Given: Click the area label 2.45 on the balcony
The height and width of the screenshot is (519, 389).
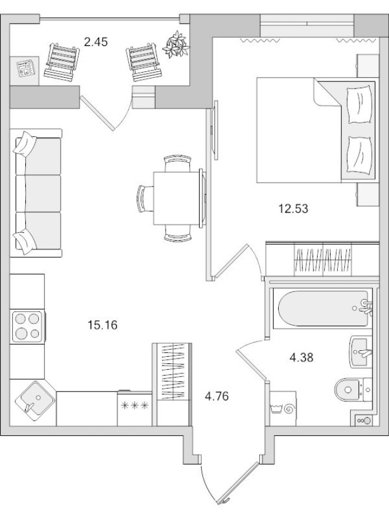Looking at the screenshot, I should tap(96, 42).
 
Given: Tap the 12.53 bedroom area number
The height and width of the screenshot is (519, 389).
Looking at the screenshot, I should tap(294, 208).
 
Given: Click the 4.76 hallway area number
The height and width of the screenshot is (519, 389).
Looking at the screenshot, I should tap(216, 396).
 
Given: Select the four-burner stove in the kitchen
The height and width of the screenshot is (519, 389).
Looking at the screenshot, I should tap(27, 326).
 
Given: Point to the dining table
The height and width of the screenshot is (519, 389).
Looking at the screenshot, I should tap(177, 198).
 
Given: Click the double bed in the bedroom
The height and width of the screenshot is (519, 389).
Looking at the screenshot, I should tap(315, 131).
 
